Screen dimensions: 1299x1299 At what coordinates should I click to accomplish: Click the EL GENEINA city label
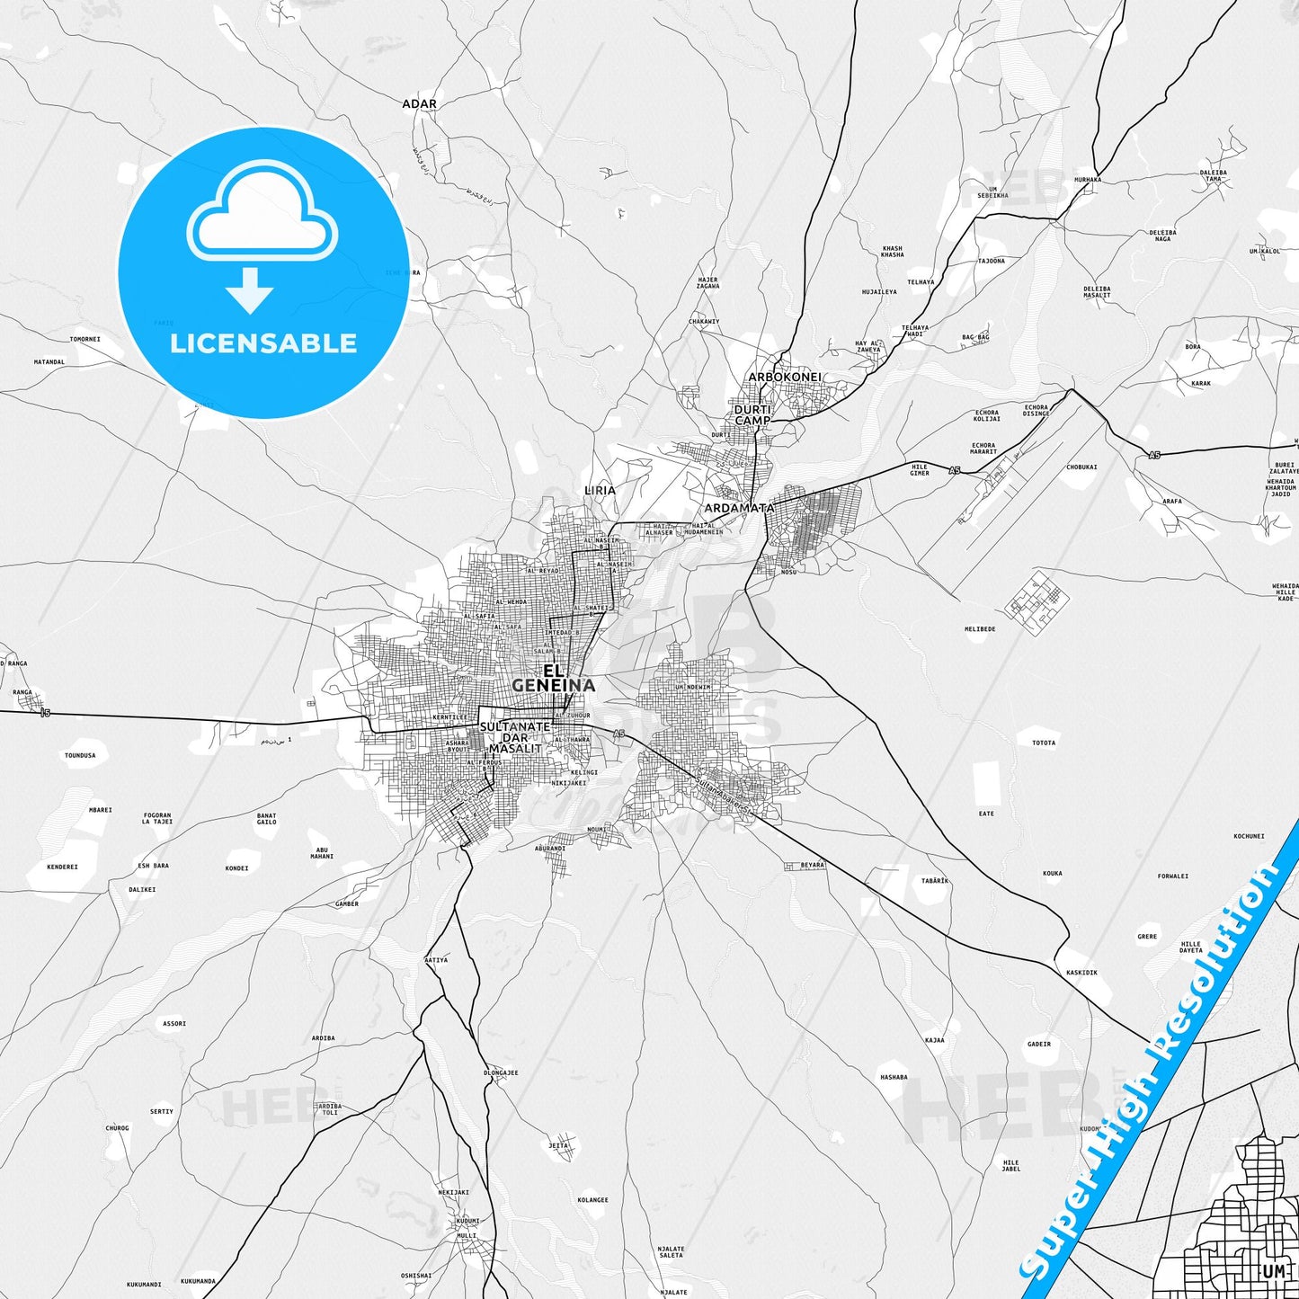pos(553,679)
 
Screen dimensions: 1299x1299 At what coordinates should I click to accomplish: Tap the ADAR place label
pos(419,104)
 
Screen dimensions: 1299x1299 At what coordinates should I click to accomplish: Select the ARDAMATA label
pos(739,508)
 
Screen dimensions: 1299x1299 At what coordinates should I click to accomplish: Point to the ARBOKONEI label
pos(785,378)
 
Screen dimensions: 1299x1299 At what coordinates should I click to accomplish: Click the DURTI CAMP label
pos(752,415)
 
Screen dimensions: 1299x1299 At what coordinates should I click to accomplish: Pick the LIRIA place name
pos(600,490)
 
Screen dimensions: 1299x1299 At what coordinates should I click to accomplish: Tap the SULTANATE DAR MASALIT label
pos(515,737)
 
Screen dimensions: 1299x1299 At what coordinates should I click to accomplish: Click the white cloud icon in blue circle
pos(262,216)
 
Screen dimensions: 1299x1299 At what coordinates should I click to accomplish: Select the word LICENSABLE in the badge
pos(263,343)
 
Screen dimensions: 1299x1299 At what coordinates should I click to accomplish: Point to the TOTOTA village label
pos(1044,743)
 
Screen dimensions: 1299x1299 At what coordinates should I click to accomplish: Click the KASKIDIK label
pos(1081,973)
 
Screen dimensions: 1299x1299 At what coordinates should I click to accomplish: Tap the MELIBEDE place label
pos(980,629)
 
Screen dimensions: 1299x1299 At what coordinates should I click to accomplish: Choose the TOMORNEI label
pos(85,340)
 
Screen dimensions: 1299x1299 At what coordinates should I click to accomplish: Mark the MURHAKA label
pos(1087,180)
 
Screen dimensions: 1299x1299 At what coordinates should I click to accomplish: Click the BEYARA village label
pos(812,865)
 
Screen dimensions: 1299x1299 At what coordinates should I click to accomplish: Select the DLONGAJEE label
pos(501,1072)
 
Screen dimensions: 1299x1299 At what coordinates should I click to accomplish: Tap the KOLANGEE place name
pos(593,1200)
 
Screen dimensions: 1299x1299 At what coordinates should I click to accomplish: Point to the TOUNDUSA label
pos(80,756)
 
